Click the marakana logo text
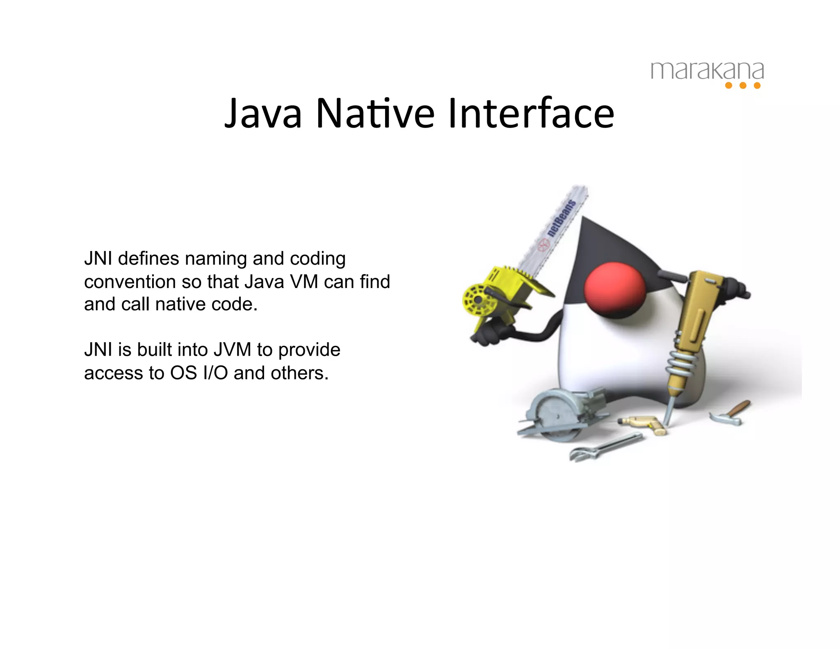pyautogui.click(x=707, y=71)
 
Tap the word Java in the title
pyautogui.click(x=263, y=113)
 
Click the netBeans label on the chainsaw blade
pyautogui.click(x=561, y=218)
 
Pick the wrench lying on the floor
pyautogui.click(x=605, y=447)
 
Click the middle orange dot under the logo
pyautogui.click(x=743, y=85)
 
